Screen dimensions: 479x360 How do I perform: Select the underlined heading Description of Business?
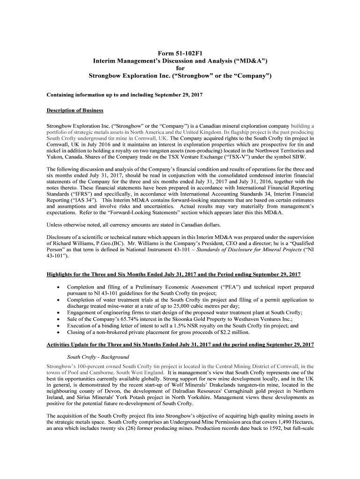point(75,111)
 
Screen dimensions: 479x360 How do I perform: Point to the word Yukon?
point(54,157)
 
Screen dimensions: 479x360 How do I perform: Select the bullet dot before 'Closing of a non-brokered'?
point(58,333)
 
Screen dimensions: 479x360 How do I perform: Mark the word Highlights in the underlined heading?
point(59,274)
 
